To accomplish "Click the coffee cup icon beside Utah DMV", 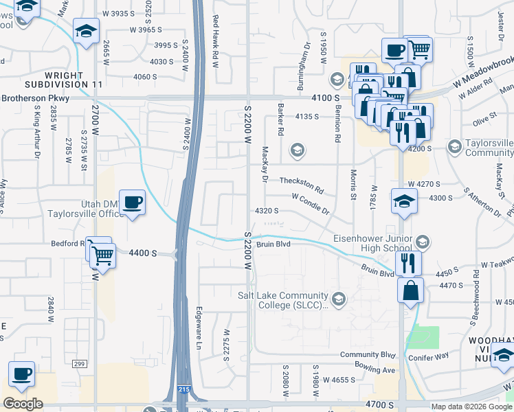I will (x=132, y=203).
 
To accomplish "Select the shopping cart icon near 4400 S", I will (x=103, y=255).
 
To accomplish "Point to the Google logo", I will (x=23, y=404).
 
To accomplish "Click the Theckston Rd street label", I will (x=301, y=184).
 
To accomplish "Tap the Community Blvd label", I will (x=368, y=355).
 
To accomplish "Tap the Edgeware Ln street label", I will (x=199, y=326).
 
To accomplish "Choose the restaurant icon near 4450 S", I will (x=408, y=262).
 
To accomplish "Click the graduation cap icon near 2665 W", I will (x=87, y=31).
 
